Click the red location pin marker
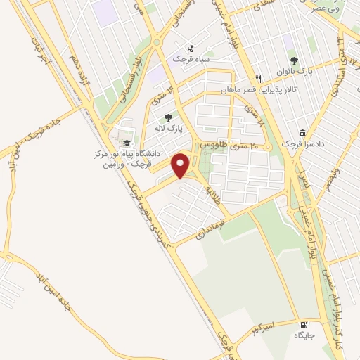coord(181,166)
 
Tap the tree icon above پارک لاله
coord(167,118)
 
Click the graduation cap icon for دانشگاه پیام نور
coord(126,143)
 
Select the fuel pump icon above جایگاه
coord(304,325)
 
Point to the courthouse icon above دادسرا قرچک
coord(302,134)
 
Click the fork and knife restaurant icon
coord(259,79)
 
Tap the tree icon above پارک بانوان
coord(294,60)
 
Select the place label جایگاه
coord(304,336)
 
